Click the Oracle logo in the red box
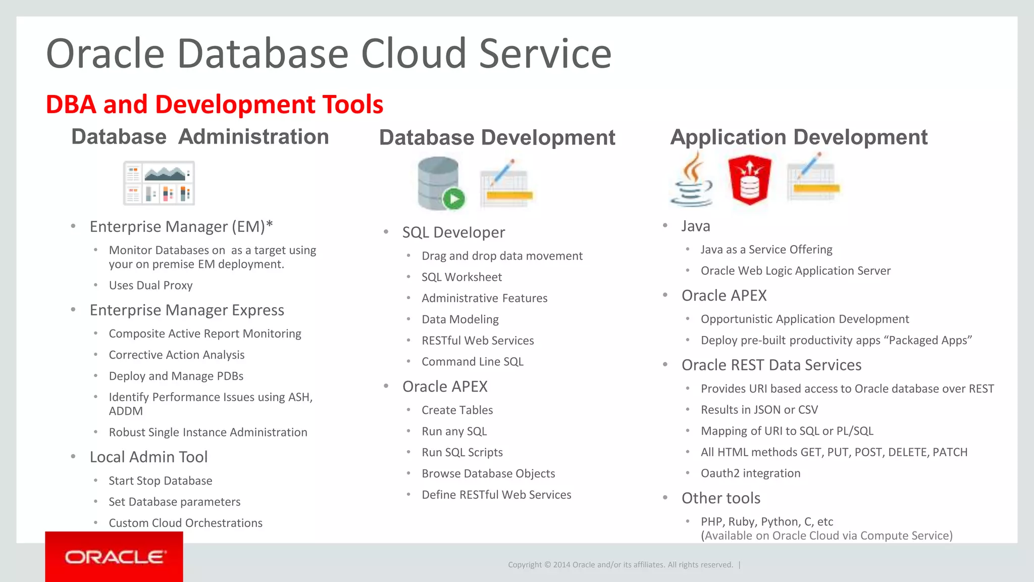pos(114,557)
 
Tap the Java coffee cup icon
pos(692,181)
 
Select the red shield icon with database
pos(750,180)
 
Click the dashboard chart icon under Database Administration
pos(159,183)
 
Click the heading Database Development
pos(497,137)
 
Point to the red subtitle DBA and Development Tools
pos(215,105)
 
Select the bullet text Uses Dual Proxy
pos(150,285)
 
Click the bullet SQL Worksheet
pos(461,277)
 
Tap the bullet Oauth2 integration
pos(750,473)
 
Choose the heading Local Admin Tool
pos(148,457)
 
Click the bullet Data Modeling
pos(460,320)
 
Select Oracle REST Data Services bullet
pos(771,365)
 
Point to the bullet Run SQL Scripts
pos(462,453)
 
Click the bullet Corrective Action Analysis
pos(176,355)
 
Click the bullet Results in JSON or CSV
pos(759,410)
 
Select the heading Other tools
pos(720,498)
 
